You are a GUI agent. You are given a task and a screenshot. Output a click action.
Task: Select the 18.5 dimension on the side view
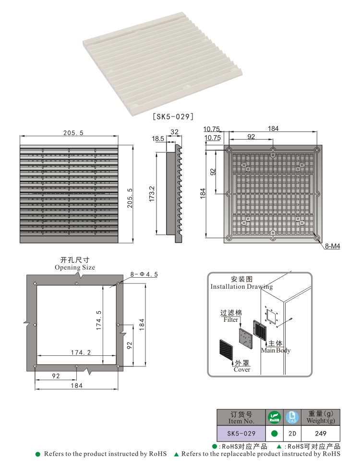[158, 139]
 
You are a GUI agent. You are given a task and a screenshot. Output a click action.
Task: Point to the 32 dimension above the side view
[174, 131]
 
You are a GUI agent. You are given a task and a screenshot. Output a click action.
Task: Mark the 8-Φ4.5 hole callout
[144, 274]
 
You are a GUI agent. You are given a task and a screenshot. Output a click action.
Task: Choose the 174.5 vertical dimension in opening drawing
[99, 320]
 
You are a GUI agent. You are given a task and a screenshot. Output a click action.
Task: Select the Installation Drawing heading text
[241, 286]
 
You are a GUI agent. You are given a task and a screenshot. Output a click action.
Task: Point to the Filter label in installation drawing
[231, 319]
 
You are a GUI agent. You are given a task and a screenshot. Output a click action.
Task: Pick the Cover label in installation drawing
[242, 369]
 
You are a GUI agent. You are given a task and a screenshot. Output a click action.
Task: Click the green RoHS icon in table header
[274, 417]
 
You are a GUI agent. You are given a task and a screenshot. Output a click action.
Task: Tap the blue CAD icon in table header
[292, 417]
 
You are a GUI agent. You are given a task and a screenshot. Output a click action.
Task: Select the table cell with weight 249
[321, 434]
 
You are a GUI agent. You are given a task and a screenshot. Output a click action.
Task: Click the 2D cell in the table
[292, 434]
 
